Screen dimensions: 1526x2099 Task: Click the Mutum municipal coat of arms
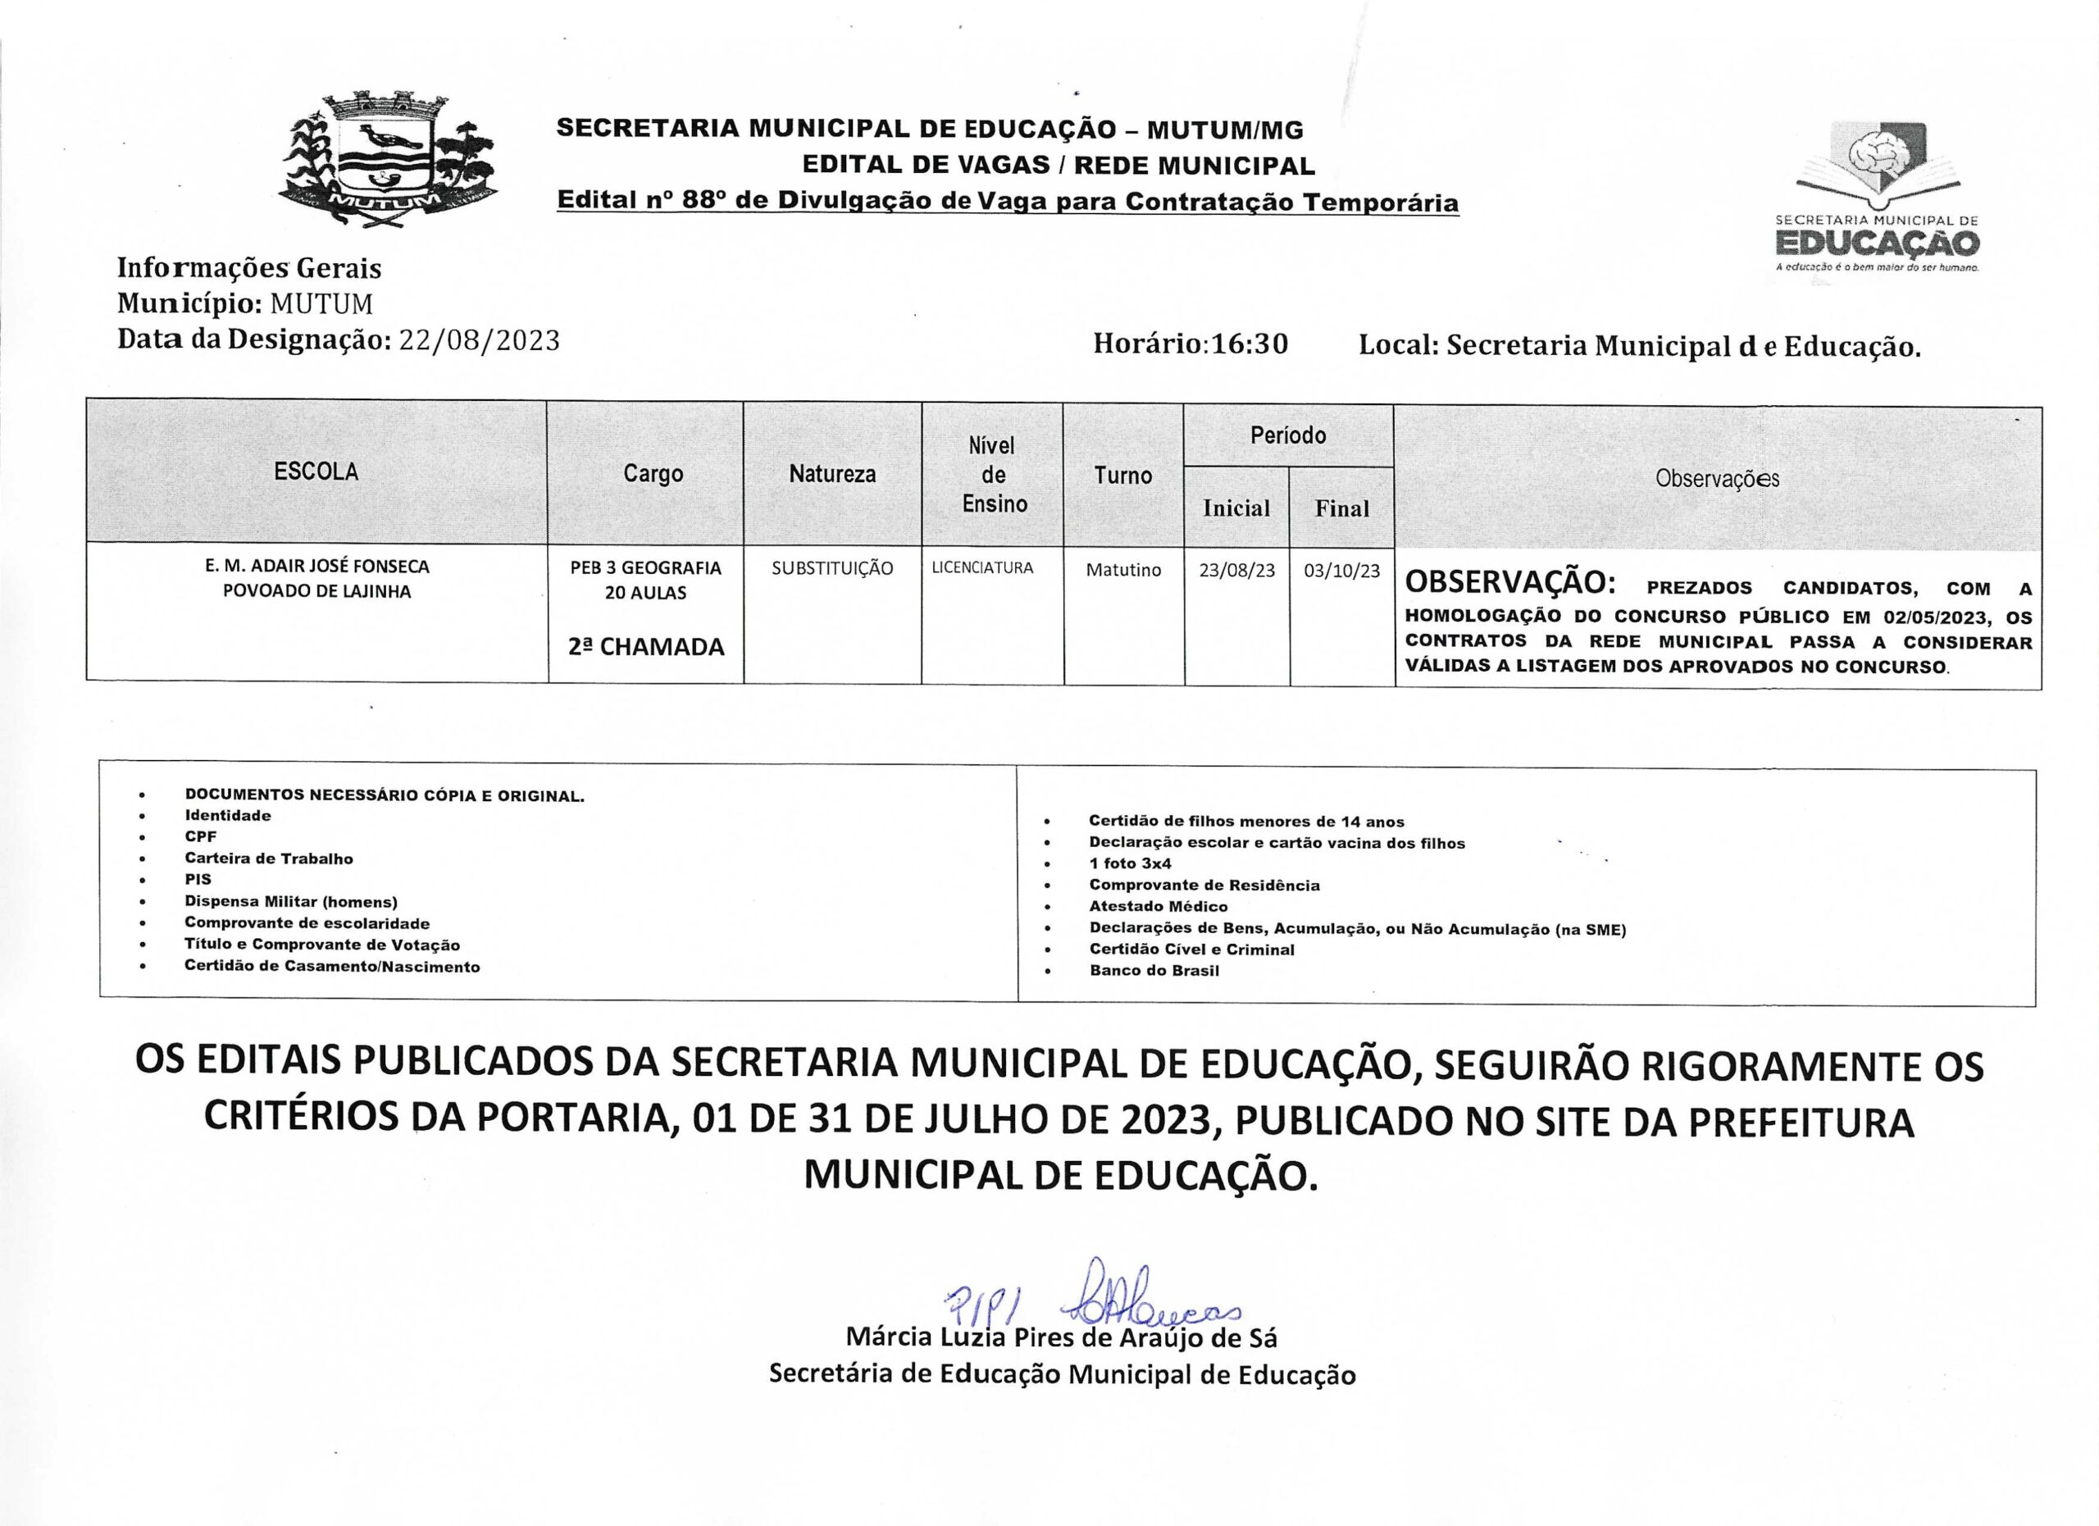pyautogui.click(x=387, y=159)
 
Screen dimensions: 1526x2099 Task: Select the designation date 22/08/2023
pyautogui.click(x=479, y=340)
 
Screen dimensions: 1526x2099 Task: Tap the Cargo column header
pyautogui.click(x=653, y=474)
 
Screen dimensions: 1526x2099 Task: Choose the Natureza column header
pyautogui.click(x=832, y=474)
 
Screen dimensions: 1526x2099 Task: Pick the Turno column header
pyautogui.click(x=1122, y=476)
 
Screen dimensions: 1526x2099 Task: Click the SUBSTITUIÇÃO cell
pyautogui.click(x=832, y=568)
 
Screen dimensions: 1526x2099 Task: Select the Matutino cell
pyautogui.click(x=1122, y=570)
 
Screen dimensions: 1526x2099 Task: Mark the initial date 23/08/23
pyautogui.click(x=1236, y=570)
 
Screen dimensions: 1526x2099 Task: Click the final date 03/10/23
pyautogui.click(x=1342, y=570)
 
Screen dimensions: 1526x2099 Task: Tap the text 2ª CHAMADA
pyautogui.click(x=646, y=647)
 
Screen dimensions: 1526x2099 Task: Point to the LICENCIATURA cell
pyautogui.click(x=982, y=568)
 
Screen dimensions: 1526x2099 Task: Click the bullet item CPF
pyautogui.click(x=200, y=836)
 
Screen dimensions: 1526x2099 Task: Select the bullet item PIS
pyautogui.click(x=198, y=879)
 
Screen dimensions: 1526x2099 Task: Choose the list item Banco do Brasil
pyautogui.click(x=1154, y=971)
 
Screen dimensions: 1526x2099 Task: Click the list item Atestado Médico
pyautogui.click(x=1158, y=907)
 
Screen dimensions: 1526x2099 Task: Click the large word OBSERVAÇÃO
pyautogui.click(x=1510, y=583)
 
